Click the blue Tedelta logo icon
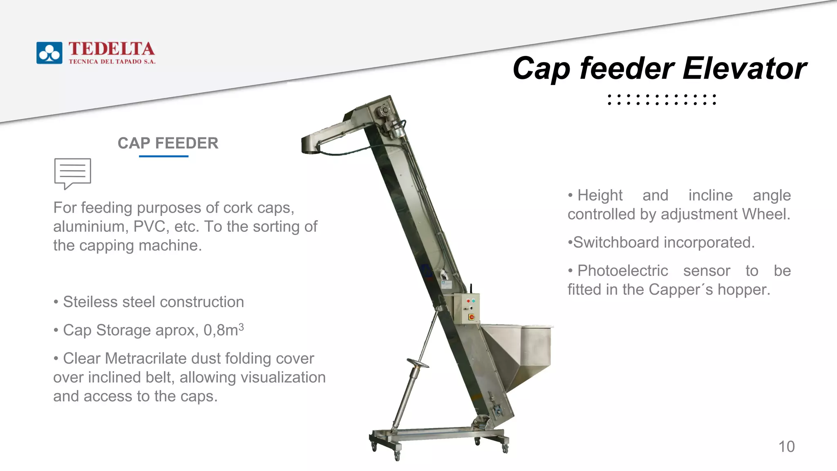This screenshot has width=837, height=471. click(49, 53)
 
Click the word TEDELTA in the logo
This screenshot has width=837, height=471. click(112, 49)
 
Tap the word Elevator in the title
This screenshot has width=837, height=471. click(744, 68)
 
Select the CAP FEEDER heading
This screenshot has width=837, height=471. click(168, 143)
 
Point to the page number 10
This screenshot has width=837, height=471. click(786, 446)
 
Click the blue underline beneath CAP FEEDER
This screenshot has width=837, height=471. click(163, 156)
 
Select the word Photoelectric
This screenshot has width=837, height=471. click(622, 271)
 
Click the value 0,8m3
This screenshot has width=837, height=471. click(224, 330)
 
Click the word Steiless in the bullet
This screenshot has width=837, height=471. click(90, 302)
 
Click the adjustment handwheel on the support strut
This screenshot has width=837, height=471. click(417, 363)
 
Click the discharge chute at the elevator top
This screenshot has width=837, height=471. click(323, 139)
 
